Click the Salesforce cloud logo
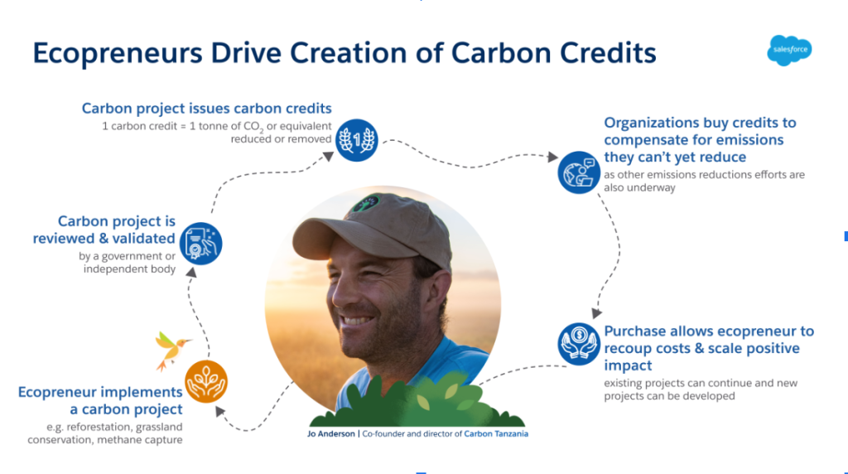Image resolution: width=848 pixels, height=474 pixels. coord(789,51)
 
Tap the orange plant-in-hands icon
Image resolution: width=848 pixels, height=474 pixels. coord(206,381)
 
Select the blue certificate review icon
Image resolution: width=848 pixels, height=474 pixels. coord(200,244)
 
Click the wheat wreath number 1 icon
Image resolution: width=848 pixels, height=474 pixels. coord(356,140)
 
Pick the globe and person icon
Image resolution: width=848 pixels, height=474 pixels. coord(579,172)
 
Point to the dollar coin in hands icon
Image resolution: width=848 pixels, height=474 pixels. coord(579,344)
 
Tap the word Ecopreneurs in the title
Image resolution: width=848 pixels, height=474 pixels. coord(118,54)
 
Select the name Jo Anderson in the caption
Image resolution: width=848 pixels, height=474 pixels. coord(331,434)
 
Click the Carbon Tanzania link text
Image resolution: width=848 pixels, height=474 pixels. coord(496,434)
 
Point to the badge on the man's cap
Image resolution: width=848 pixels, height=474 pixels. coord(366,204)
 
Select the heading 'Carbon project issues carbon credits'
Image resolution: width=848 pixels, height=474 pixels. coord(206,109)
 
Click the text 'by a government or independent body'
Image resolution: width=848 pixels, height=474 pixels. coord(127,263)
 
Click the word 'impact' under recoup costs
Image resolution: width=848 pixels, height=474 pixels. coord(628,365)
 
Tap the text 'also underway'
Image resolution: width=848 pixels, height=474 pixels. coord(640,188)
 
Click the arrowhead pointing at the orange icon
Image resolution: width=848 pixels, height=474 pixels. coord(219,412)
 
